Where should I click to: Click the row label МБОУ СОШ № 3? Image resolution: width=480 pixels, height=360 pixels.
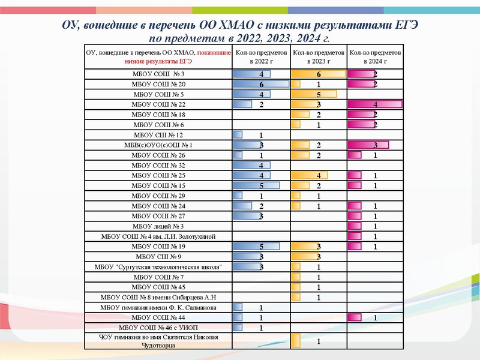click(x=158, y=73)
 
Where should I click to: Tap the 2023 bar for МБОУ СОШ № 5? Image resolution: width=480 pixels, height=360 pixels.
click(x=314, y=94)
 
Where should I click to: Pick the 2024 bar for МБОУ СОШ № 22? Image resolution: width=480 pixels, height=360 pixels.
click(x=374, y=104)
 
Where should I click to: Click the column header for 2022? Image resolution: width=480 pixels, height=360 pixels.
click(x=261, y=57)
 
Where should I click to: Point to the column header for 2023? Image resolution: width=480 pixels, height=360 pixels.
click(x=319, y=57)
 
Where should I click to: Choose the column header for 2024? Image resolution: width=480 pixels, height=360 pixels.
click(x=376, y=57)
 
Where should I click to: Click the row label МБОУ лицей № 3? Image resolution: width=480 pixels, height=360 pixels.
click(x=158, y=226)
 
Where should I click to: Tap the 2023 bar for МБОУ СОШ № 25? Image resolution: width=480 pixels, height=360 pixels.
click(x=310, y=175)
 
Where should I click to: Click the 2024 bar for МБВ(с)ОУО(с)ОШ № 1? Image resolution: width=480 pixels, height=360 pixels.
click(x=368, y=145)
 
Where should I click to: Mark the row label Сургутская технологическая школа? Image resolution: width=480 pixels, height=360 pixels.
click(x=158, y=267)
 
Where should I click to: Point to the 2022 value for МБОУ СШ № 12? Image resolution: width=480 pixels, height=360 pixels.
click(x=262, y=135)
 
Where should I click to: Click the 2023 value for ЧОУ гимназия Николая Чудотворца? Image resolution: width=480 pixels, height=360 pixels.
click(x=319, y=342)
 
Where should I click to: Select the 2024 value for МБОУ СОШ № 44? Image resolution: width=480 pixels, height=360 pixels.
click(x=376, y=317)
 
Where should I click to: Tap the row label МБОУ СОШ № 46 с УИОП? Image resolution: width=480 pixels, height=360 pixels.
click(x=158, y=328)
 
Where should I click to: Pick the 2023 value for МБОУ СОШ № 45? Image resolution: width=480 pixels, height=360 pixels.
click(x=319, y=287)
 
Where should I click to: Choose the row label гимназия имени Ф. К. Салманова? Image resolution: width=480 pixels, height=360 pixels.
click(x=158, y=307)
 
